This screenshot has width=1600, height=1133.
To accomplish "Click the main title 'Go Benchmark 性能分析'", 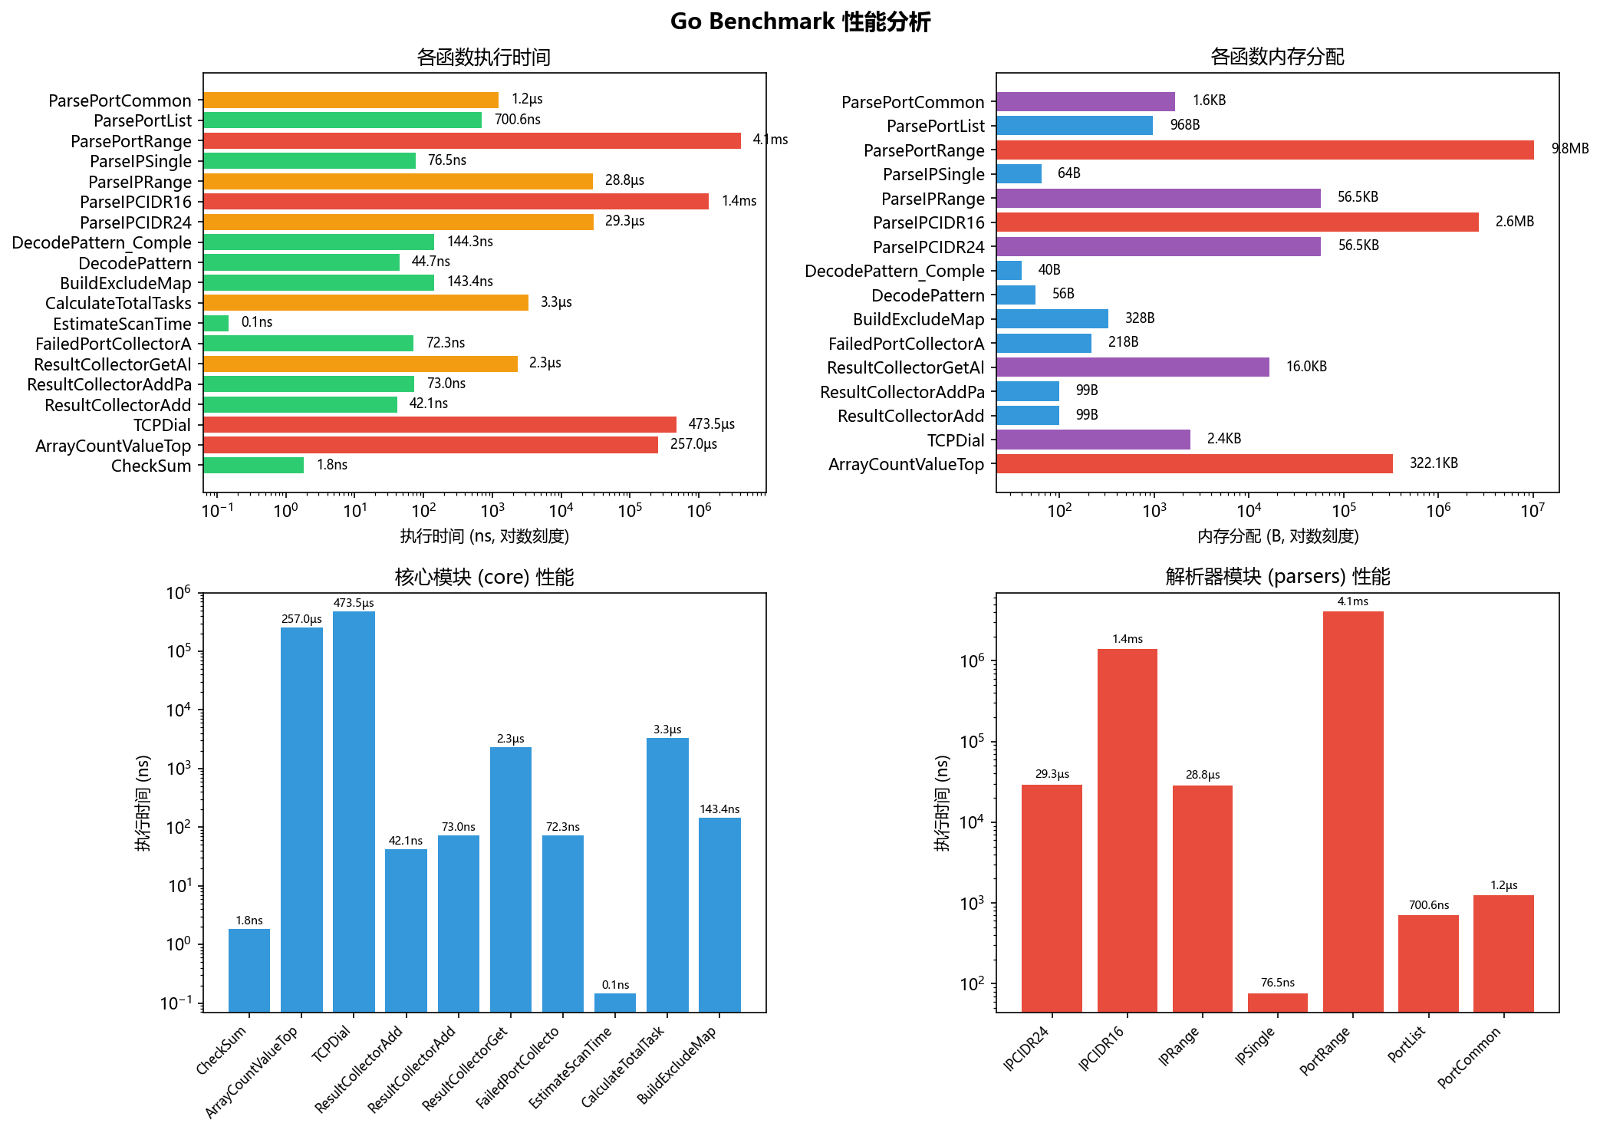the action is point(800,21).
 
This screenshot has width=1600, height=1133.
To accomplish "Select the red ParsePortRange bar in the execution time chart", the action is point(472,140).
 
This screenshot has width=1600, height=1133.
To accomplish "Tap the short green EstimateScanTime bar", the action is point(216,323).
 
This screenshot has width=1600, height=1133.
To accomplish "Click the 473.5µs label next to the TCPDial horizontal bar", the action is point(711,424).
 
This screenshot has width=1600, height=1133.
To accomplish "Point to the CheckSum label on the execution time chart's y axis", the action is point(151,466).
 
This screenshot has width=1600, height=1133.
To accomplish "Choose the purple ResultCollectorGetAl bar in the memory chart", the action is point(1132,367).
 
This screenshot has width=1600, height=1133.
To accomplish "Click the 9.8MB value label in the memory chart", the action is point(1570,149).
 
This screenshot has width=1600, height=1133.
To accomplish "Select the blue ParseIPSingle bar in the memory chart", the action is point(1019,173).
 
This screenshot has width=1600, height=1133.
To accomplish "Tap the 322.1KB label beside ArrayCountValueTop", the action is point(1434,463).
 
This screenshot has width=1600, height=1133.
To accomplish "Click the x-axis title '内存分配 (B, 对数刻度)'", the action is point(1278,536).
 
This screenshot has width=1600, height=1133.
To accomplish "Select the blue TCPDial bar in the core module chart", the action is point(354,812).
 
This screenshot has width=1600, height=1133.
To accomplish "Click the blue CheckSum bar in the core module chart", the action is point(249,970).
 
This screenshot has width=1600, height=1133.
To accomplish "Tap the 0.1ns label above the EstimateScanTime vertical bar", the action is point(615,985).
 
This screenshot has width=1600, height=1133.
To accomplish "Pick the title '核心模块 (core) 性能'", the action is point(484,577).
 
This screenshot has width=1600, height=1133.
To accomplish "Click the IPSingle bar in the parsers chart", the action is point(1277,1003).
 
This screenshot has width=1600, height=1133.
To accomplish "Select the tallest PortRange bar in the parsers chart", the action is point(1353,812).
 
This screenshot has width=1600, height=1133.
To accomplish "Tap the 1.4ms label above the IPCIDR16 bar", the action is point(1128,639).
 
